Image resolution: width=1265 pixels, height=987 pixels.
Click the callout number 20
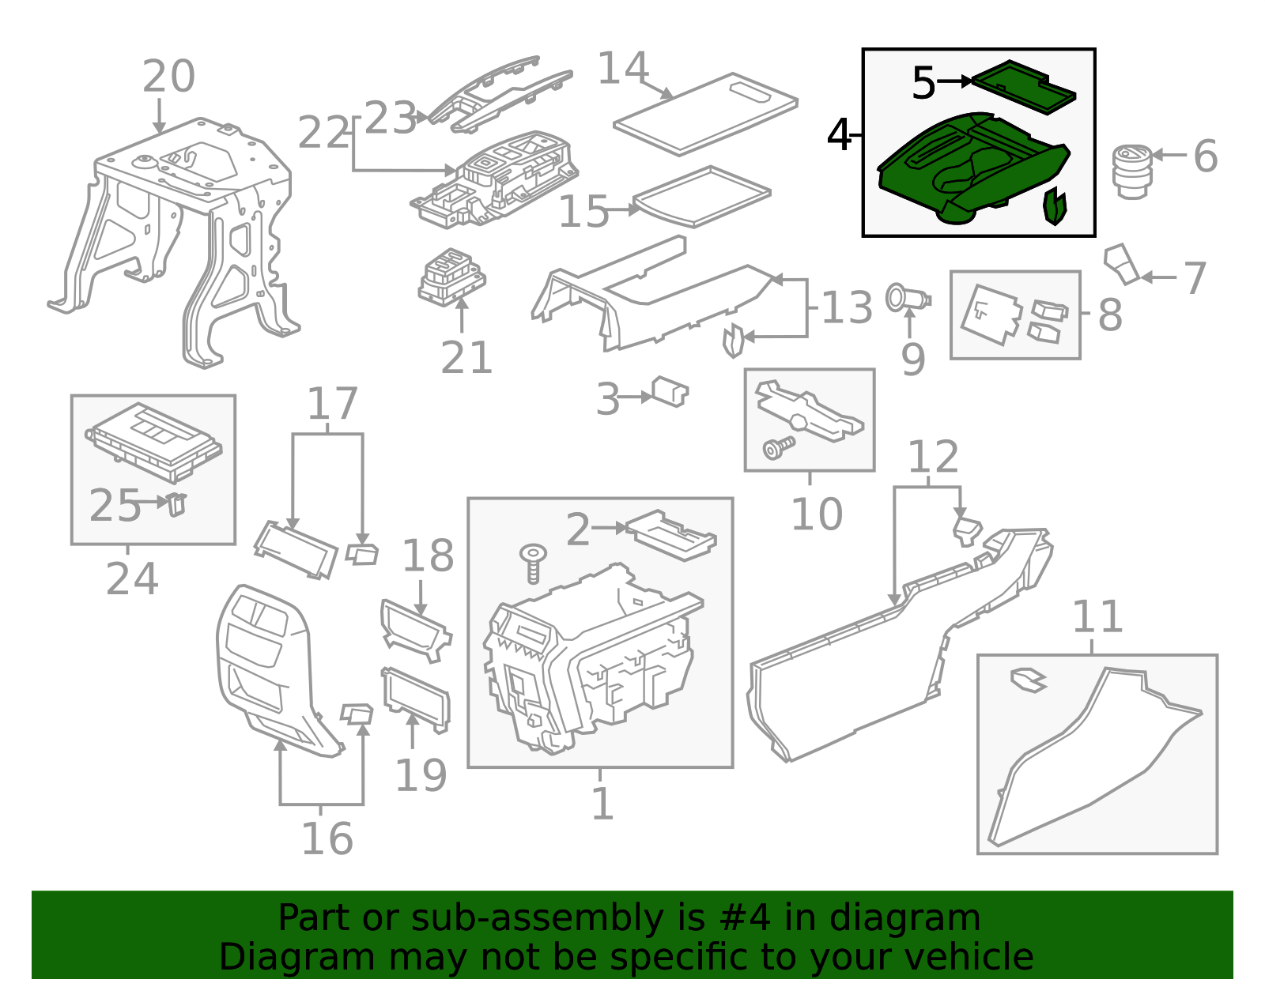tap(168, 77)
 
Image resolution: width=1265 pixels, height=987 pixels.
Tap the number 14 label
tap(623, 69)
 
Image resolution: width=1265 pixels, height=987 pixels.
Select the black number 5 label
tap(923, 83)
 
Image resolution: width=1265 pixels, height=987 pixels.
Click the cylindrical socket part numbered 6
tap(1131, 171)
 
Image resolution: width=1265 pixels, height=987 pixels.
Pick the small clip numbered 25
tap(177, 503)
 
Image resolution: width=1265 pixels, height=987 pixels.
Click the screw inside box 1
tap(534, 563)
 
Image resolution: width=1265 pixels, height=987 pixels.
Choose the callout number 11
tap(1097, 617)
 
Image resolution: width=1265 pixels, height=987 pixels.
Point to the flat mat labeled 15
tap(702, 195)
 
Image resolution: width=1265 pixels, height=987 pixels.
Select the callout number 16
tap(327, 839)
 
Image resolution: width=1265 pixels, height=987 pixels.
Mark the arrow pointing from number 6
tap(1171, 155)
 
